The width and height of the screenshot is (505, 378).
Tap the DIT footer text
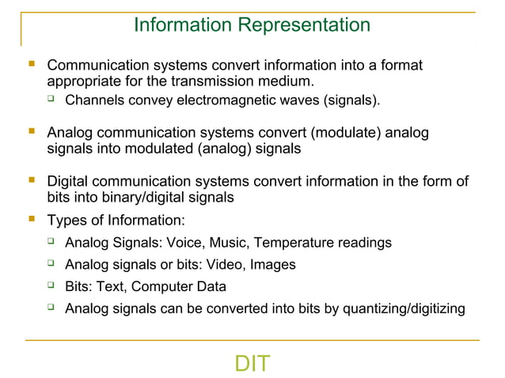[252, 364]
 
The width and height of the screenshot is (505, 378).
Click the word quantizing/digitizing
[404, 308]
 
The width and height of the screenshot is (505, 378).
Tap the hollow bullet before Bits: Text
[51, 285]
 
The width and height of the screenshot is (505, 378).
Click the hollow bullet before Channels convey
[51, 100]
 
